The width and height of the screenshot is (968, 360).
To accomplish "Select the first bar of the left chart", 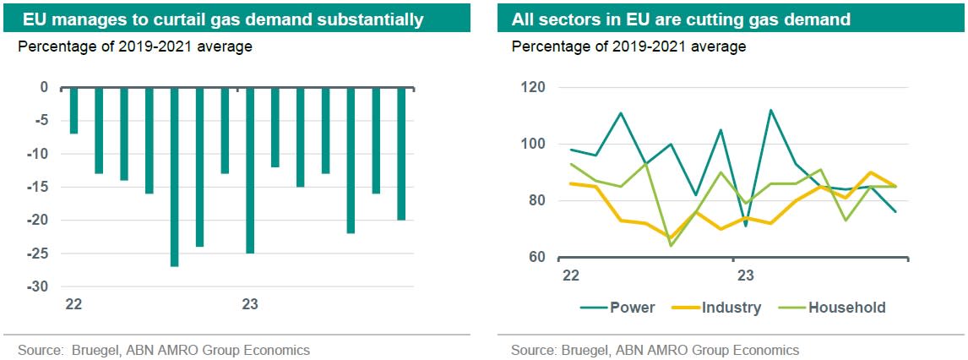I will [73, 110].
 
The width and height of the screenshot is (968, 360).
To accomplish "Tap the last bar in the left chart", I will [401, 153].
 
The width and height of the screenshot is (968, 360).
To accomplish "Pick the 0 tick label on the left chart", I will [44, 87].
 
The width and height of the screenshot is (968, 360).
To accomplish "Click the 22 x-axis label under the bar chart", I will [73, 304].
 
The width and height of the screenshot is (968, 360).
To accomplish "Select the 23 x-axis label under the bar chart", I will [250, 304].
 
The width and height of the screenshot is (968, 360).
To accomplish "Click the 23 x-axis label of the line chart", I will [746, 275].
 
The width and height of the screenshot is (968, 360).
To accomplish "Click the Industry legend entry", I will [731, 308].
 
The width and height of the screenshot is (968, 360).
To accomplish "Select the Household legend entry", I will [846, 308].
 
